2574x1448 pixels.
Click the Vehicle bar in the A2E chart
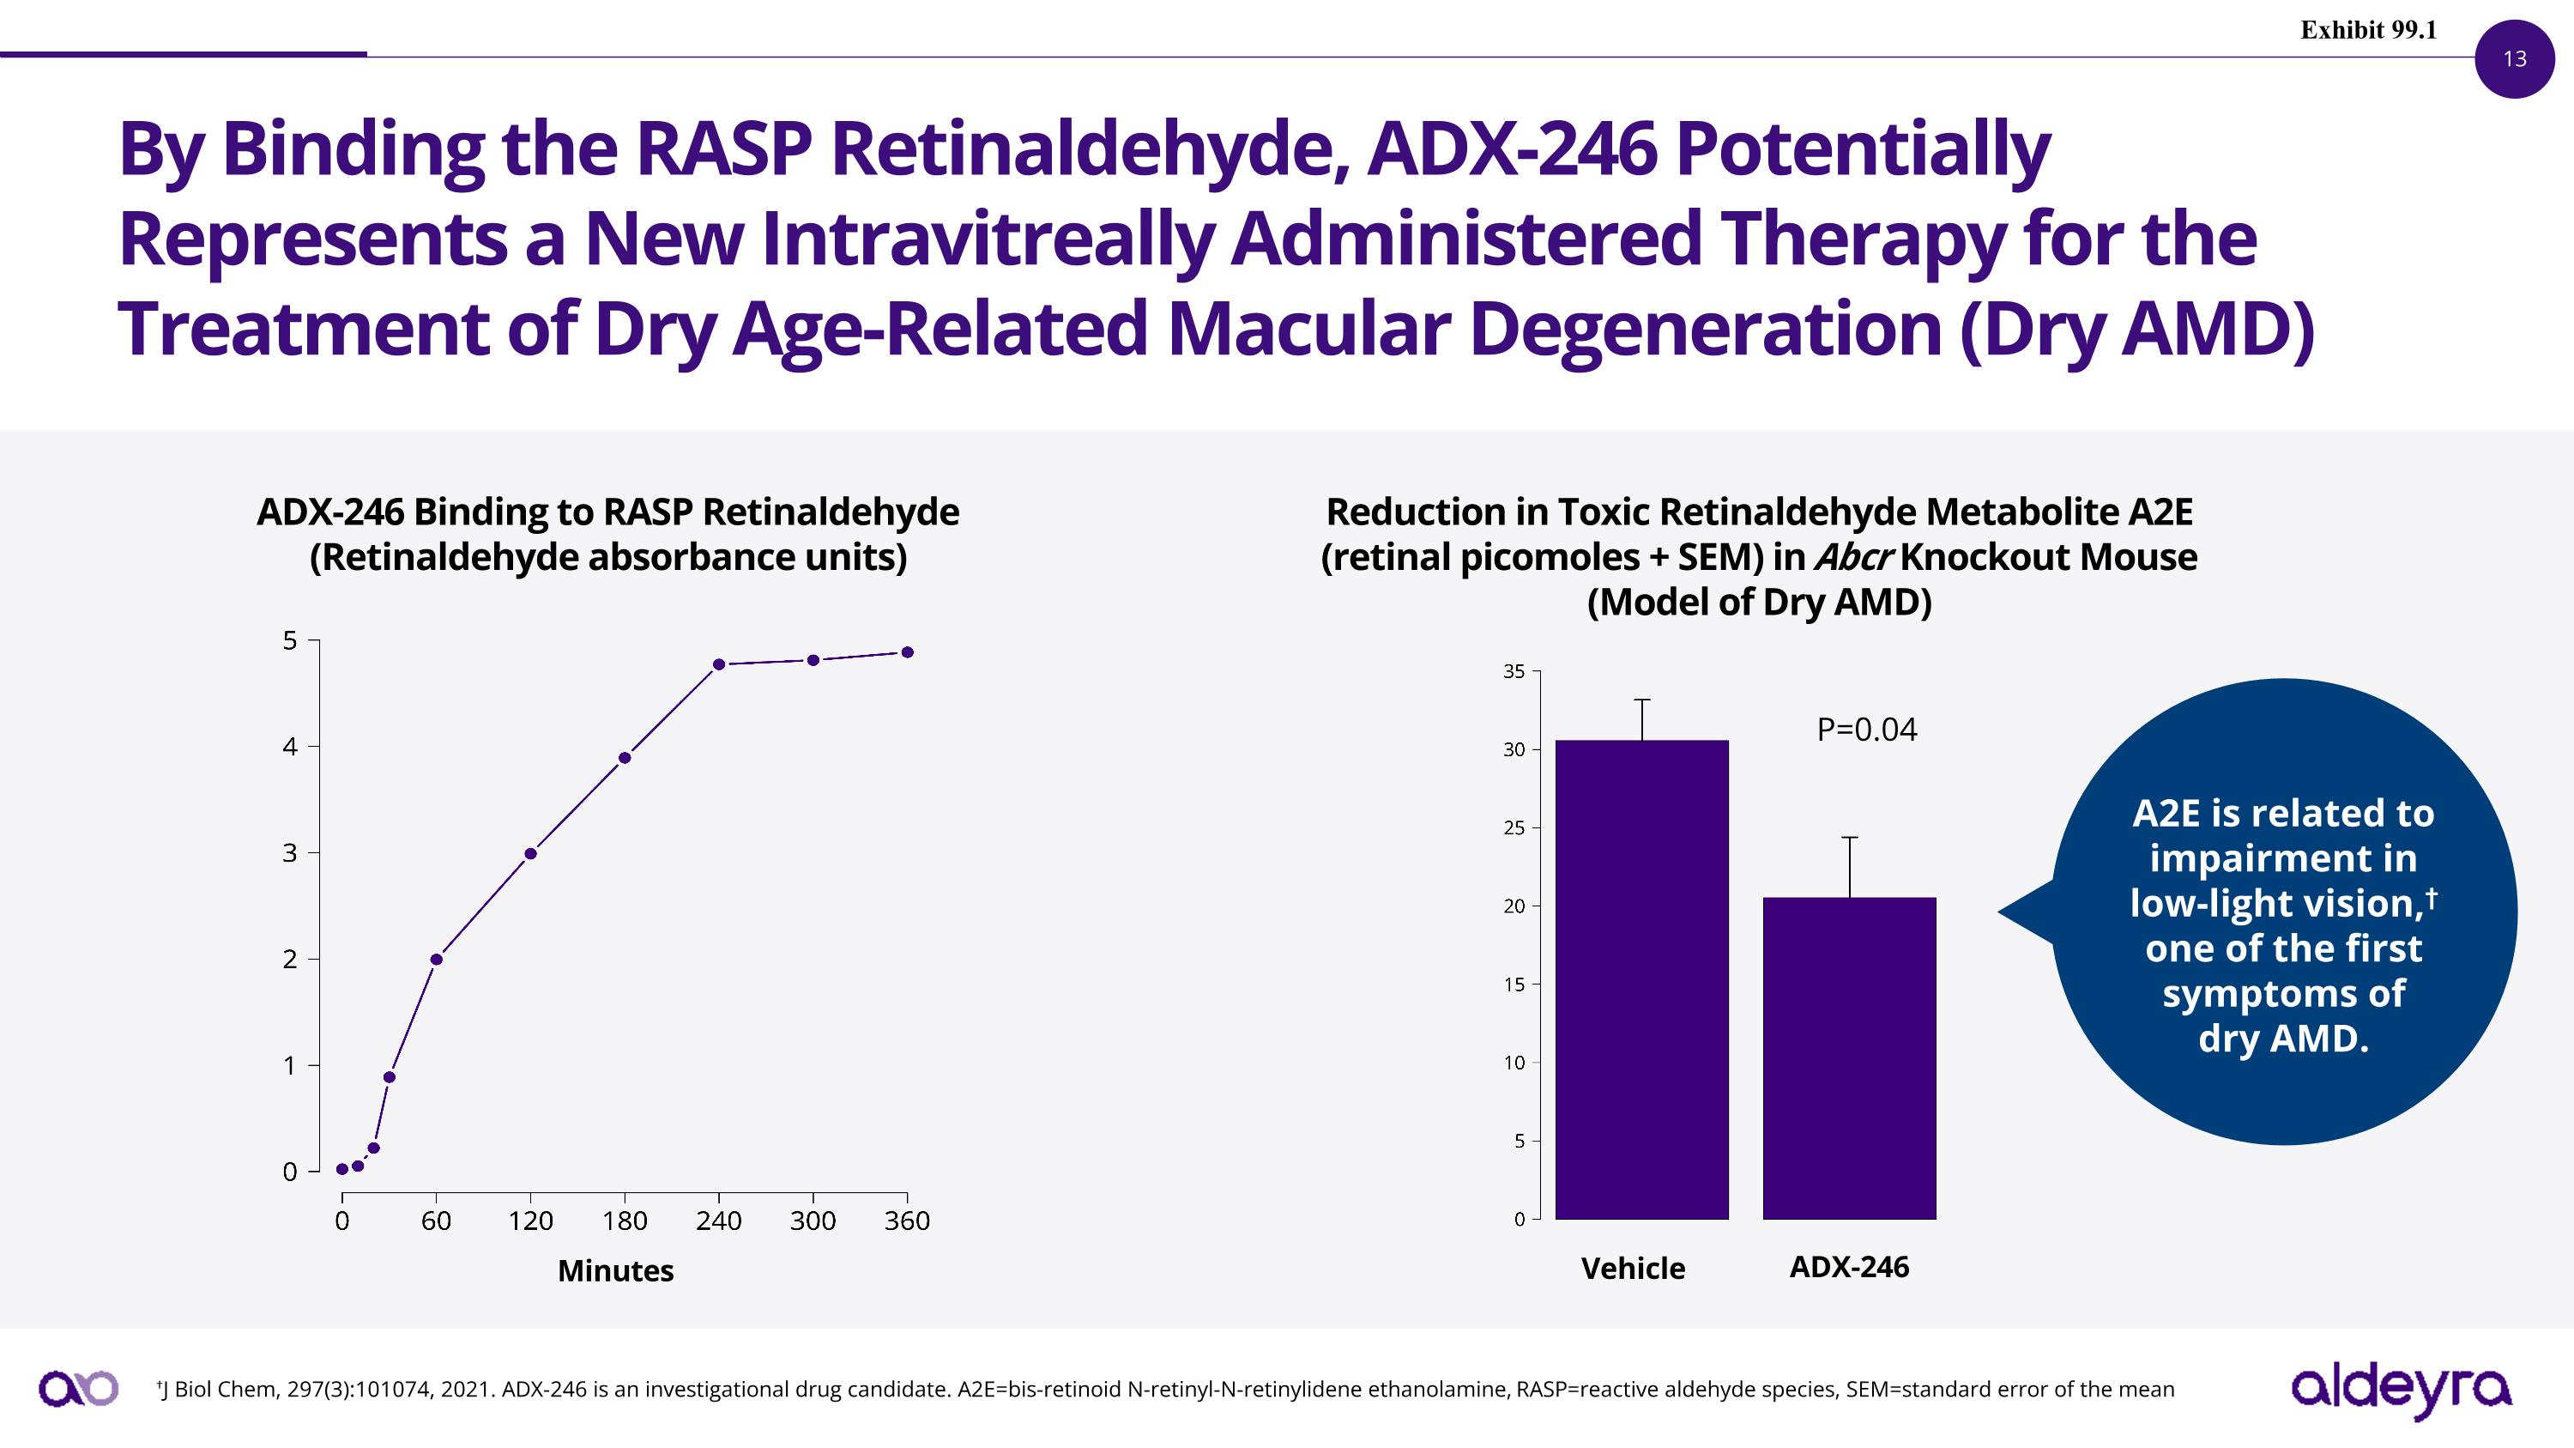point(1641,979)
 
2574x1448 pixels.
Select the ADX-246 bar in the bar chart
point(1850,1058)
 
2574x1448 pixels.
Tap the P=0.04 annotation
point(1866,730)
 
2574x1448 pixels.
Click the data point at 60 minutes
point(436,960)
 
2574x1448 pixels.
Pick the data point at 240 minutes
point(718,664)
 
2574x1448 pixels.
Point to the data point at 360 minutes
point(907,652)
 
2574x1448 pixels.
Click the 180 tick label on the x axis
point(625,1221)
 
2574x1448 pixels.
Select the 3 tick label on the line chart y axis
point(290,852)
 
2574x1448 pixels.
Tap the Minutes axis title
point(615,1271)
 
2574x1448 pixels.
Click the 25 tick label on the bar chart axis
point(1515,827)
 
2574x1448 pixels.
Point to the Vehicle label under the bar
point(1633,1268)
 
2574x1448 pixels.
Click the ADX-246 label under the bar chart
point(1849,1267)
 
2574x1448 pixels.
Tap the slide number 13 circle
point(2514,59)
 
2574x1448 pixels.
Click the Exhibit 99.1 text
point(2368,30)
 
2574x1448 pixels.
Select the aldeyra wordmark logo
point(2400,1390)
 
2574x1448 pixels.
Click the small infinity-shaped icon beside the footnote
point(78,1389)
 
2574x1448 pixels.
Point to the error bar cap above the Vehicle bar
point(1641,700)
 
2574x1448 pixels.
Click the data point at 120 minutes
point(530,853)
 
